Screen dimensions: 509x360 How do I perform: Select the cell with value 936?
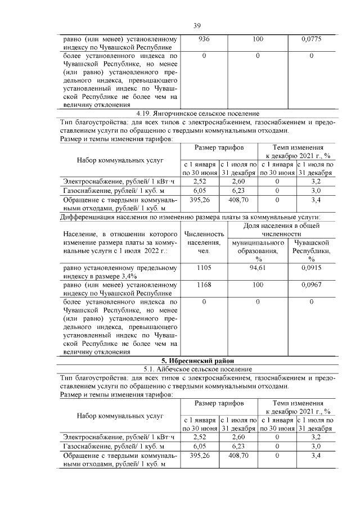pyautogui.click(x=204, y=39)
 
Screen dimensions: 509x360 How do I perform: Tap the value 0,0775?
pyautogui.click(x=311, y=39)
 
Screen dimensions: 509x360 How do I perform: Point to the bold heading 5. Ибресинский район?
pyautogui.click(x=197, y=360)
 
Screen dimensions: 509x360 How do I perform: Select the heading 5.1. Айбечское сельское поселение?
pyautogui.click(x=197, y=369)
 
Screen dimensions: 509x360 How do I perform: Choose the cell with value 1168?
pyautogui.click(x=204, y=285)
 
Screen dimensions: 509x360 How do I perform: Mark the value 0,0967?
pyautogui.click(x=311, y=285)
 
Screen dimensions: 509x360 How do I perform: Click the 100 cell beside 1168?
pyautogui.click(x=258, y=285)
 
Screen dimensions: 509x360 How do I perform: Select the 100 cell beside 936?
pyautogui.click(x=258, y=39)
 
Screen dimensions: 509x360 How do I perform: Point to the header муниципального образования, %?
pyautogui.click(x=258, y=250)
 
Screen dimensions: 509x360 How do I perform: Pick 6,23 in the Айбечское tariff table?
pyautogui.click(x=239, y=445)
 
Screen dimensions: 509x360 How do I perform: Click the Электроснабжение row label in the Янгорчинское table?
pyautogui.click(x=119, y=181)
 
